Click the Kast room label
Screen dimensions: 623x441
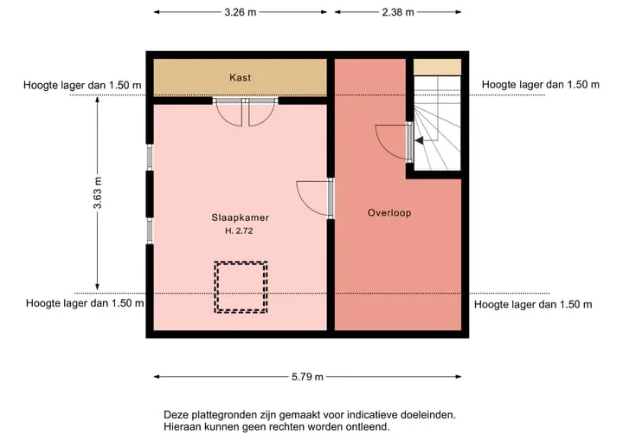tap(240, 77)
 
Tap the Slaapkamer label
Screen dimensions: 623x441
tap(240, 217)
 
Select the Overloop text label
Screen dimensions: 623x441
tap(389, 213)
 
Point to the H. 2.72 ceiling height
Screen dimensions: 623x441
tap(239, 230)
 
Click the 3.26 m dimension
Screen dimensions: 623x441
tap(241, 12)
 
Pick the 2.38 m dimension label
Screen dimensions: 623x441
tap(398, 12)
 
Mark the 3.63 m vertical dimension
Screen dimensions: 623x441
tap(98, 193)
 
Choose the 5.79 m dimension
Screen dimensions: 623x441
tap(307, 377)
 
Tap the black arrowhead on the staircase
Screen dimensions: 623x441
tap(420, 140)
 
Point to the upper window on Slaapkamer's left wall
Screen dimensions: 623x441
tap(150, 157)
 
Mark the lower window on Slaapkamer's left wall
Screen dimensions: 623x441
tap(150, 230)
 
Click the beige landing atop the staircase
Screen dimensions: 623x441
tap(437, 68)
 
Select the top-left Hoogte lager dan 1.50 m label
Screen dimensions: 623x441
tap(82, 85)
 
